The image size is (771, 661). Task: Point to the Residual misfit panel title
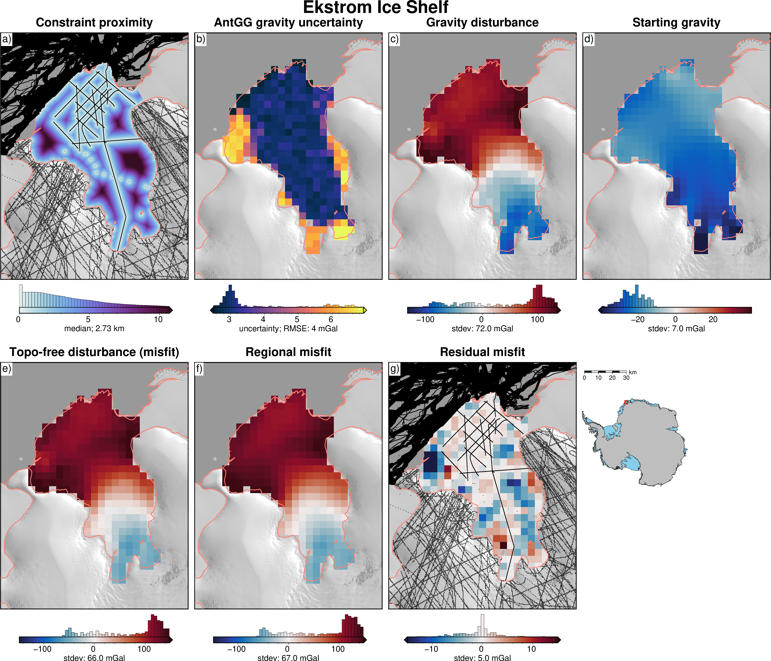pos(482,352)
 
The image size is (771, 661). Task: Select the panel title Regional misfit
pos(288,352)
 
